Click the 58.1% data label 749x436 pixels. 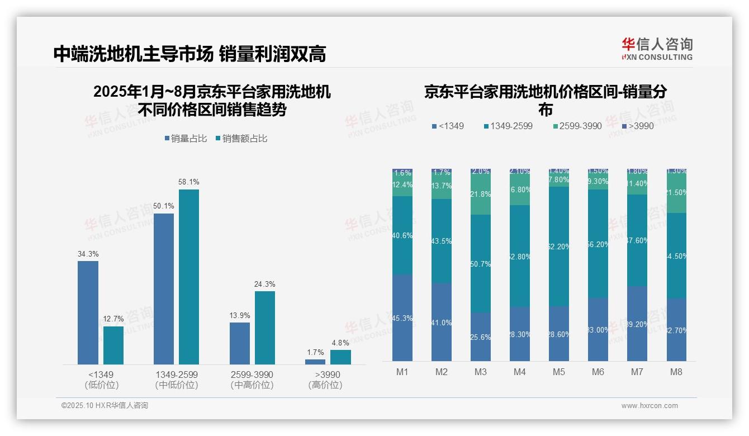[x=189, y=182]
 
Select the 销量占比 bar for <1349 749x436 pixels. [x=88, y=312]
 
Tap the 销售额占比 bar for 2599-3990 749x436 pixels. [x=265, y=328]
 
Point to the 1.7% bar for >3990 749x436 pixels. [x=315, y=362]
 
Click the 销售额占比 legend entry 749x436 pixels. [x=241, y=139]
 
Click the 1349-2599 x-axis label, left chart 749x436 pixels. [x=176, y=375]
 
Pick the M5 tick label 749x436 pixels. [x=558, y=372]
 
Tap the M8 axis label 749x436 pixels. [x=676, y=372]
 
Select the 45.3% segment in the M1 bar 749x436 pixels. [x=402, y=317]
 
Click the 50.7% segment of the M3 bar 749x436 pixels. [x=481, y=263]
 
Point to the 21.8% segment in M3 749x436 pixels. [x=481, y=195]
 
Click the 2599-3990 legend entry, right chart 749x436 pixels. [x=577, y=126]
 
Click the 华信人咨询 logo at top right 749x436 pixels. [x=657, y=49]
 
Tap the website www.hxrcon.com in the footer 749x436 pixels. [x=650, y=406]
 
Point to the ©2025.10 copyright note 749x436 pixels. [x=105, y=406]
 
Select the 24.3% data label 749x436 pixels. [x=265, y=285]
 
